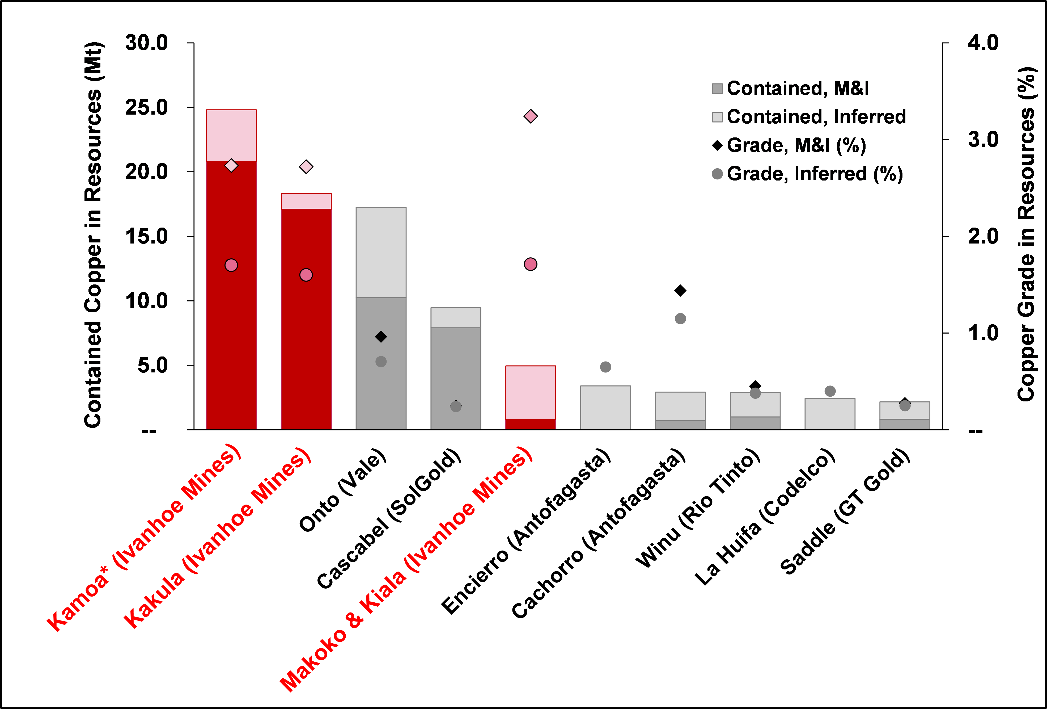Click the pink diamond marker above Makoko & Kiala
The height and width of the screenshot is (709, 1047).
[531, 116]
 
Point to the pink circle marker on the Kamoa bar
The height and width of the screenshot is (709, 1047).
[231, 265]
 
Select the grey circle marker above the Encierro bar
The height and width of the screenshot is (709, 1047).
[605, 367]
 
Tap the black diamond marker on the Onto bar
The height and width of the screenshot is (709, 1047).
[381, 337]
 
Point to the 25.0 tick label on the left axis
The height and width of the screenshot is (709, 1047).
[146, 107]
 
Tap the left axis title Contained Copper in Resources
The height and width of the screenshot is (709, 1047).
[93, 234]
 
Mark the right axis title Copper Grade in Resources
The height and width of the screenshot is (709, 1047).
[1027, 234]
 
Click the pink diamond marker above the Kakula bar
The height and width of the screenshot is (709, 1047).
[306, 167]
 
